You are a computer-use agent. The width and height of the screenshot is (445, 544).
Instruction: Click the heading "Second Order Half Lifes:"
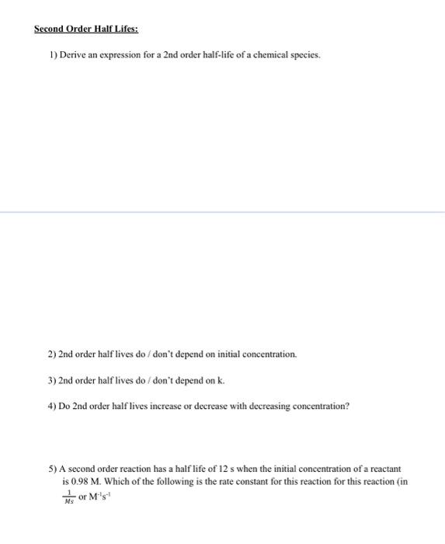85,30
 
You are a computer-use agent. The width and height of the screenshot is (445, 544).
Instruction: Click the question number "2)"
53,354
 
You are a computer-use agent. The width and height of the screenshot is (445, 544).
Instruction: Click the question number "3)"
53,380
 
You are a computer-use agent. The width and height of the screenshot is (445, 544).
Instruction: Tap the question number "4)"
53,406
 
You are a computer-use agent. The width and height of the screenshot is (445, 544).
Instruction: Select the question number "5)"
53,469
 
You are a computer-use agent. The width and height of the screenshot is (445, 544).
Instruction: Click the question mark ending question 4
347,406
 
